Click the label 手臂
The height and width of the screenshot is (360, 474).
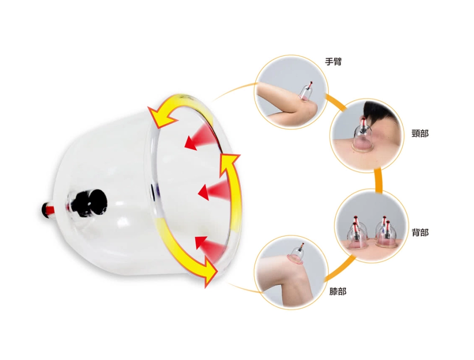[x=333, y=62]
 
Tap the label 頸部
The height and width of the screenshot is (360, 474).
[x=420, y=133]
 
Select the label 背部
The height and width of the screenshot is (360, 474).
[x=420, y=232]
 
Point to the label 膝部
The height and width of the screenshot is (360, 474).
[x=337, y=291]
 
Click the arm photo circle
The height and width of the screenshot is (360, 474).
[x=291, y=92]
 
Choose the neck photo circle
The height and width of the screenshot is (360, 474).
[x=367, y=135]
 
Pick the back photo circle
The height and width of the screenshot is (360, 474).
[x=372, y=226]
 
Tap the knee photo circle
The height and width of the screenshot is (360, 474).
[x=291, y=272]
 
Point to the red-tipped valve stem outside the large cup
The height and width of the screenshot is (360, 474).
[x=48, y=209]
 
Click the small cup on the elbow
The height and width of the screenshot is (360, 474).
[x=306, y=91]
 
